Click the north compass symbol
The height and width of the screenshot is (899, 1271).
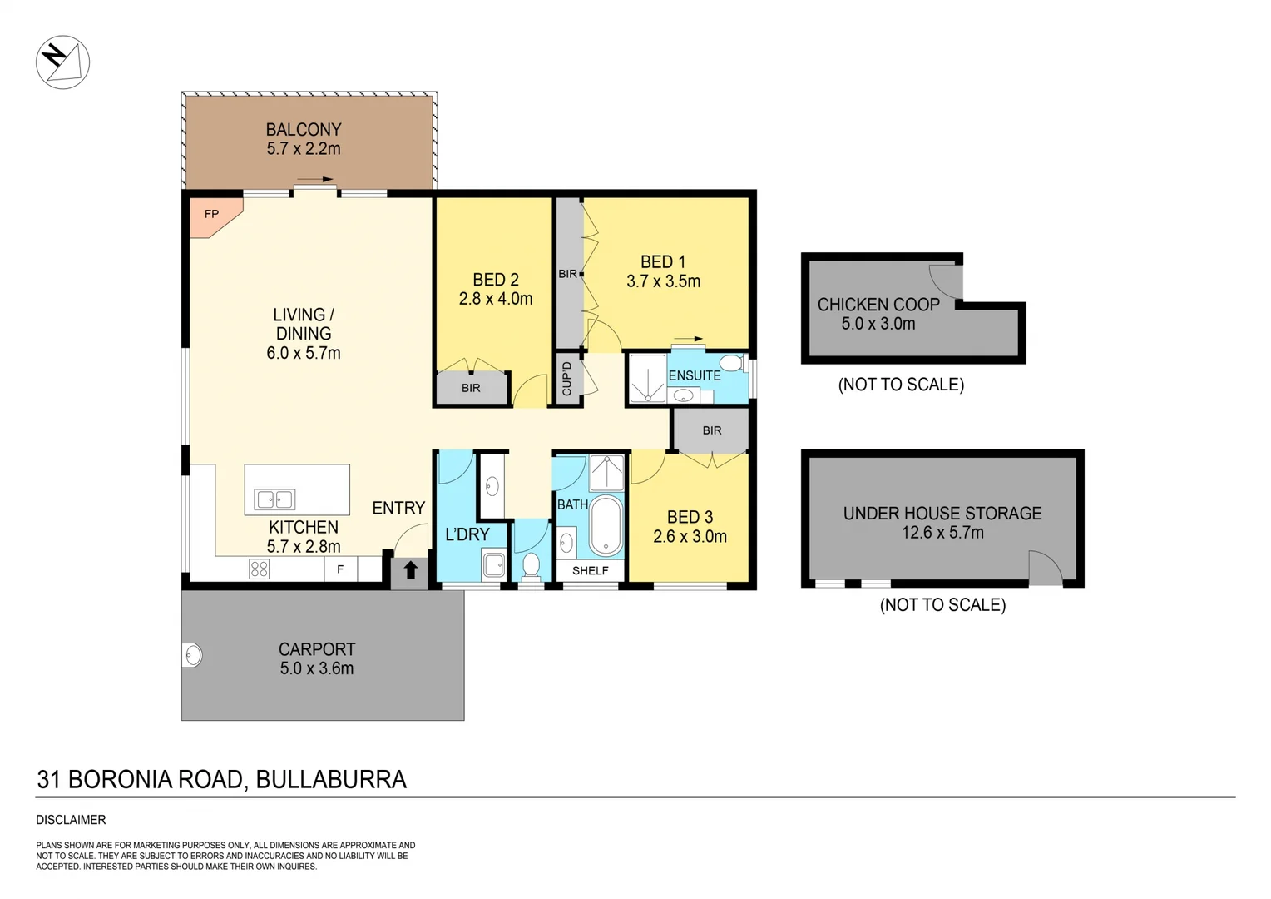[x=62, y=62]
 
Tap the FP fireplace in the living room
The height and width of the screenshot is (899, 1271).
[x=210, y=216]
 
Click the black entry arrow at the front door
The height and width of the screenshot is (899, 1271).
[x=410, y=571]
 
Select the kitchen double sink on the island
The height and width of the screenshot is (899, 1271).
[x=275, y=499]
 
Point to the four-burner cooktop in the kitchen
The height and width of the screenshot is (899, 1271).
[x=260, y=569]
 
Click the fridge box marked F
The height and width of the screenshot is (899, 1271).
[x=340, y=569]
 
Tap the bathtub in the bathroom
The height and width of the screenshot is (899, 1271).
[x=606, y=526]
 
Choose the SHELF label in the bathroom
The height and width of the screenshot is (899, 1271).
[x=590, y=570]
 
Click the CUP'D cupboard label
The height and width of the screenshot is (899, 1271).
[x=567, y=379]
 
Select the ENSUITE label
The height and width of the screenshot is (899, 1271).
[x=695, y=375]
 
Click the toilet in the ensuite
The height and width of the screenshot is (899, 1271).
[x=731, y=363]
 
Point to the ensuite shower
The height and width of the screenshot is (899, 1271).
[x=647, y=380]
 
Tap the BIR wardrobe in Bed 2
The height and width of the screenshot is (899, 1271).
[x=471, y=388]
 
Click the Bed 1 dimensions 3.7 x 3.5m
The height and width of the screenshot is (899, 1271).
[x=663, y=281]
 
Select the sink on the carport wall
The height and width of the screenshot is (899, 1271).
[x=193, y=655]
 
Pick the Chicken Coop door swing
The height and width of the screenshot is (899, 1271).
[x=946, y=281]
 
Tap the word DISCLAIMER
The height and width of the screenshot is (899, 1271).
[x=71, y=820]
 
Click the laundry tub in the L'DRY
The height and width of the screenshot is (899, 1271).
[x=494, y=565]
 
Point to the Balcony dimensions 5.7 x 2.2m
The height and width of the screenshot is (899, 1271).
[x=304, y=149]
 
